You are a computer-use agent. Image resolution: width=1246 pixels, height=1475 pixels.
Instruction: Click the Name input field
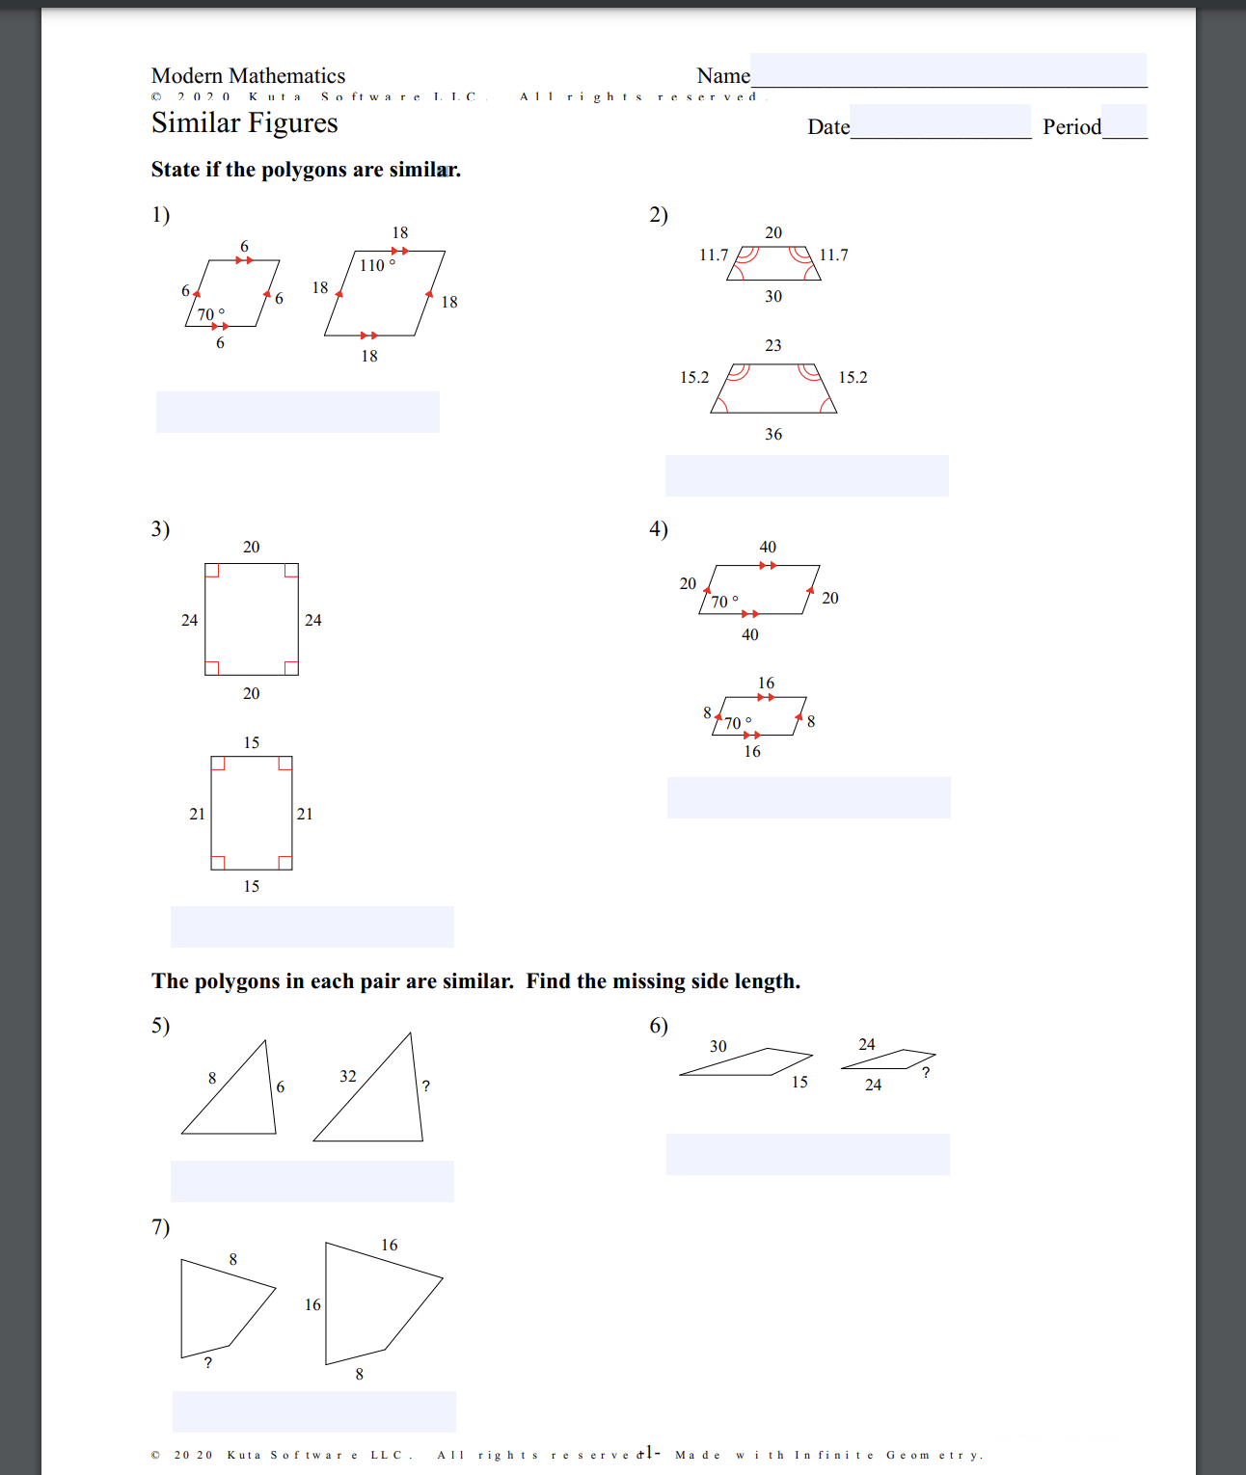(x=948, y=70)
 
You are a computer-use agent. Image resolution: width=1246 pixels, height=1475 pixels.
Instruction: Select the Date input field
(x=940, y=122)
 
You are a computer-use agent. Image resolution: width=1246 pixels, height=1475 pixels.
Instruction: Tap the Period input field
(x=1124, y=122)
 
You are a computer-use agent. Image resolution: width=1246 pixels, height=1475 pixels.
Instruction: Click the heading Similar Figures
(x=244, y=123)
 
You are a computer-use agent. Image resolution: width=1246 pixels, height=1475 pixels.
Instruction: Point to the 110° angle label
(x=377, y=265)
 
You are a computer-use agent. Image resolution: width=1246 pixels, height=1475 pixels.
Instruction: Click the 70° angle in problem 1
(x=210, y=314)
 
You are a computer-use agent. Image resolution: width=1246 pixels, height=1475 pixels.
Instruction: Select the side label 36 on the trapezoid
(x=773, y=435)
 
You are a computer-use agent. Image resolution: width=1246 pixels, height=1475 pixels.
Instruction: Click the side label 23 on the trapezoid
(x=773, y=346)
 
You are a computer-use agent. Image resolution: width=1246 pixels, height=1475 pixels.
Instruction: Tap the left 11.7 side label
(x=714, y=255)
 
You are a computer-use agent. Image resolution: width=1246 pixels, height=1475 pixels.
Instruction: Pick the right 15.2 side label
(x=853, y=378)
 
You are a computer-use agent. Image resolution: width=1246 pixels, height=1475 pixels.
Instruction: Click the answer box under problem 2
(x=806, y=476)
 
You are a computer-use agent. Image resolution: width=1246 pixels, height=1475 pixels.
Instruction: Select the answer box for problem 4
(x=808, y=798)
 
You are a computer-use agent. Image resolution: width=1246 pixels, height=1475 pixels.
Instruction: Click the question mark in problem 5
(x=425, y=1086)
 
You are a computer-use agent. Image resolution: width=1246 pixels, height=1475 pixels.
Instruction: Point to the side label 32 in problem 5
(x=348, y=1077)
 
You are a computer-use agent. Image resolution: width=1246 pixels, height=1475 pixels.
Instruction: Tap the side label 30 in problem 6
(x=718, y=1047)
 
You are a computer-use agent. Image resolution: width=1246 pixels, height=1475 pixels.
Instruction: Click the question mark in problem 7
(x=208, y=1363)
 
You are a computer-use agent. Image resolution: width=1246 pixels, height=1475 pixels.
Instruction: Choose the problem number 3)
(x=160, y=529)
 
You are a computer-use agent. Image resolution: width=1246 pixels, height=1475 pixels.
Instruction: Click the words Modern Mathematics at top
(x=248, y=76)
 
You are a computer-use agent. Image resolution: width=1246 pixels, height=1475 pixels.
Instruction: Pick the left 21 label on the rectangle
(x=197, y=815)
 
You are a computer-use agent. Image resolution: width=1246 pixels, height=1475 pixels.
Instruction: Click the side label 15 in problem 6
(x=799, y=1083)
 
